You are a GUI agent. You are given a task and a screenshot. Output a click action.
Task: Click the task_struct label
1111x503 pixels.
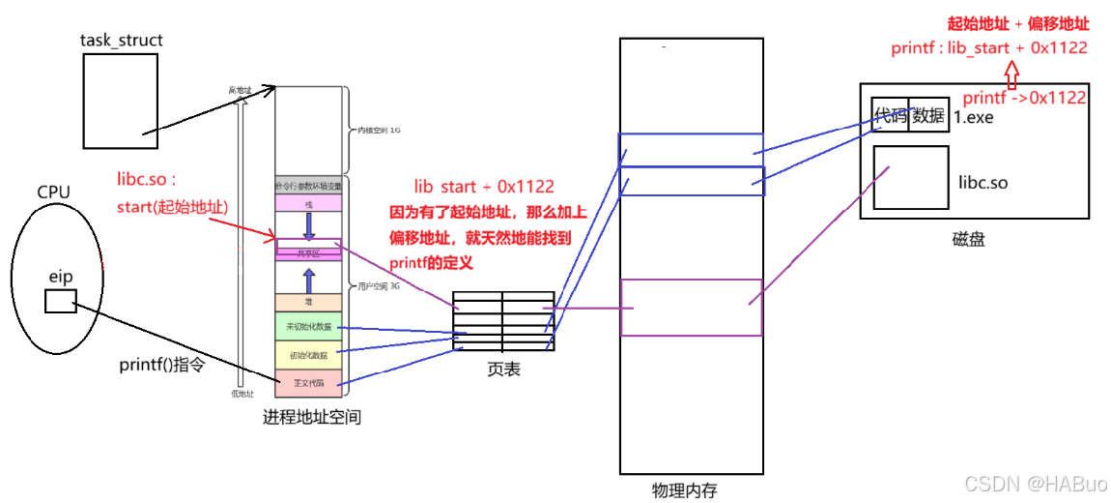[x=122, y=41]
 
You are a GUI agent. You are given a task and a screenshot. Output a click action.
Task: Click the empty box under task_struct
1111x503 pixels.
[x=120, y=101]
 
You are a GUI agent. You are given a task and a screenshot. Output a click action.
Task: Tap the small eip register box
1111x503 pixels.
[x=60, y=302]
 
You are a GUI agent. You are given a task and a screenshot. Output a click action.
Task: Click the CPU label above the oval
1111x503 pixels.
[x=53, y=192]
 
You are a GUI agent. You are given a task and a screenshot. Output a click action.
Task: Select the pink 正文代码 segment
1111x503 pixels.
[x=308, y=384]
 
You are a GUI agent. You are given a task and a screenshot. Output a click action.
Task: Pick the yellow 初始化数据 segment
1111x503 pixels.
[x=308, y=355]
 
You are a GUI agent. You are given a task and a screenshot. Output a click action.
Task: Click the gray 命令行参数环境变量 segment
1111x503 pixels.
[x=308, y=185]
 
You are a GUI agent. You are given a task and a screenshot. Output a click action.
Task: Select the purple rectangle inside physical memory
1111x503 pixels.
[x=691, y=307]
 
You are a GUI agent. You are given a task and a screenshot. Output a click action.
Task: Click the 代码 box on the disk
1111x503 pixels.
[x=890, y=115]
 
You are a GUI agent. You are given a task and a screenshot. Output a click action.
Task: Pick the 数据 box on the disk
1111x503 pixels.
[x=927, y=115]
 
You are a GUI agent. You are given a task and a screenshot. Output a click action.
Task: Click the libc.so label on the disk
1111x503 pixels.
[x=983, y=182]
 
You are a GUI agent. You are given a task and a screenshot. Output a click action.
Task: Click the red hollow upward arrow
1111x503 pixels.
[x=1011, y=74]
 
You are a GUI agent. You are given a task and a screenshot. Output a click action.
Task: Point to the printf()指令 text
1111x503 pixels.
[x=161, y=366]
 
